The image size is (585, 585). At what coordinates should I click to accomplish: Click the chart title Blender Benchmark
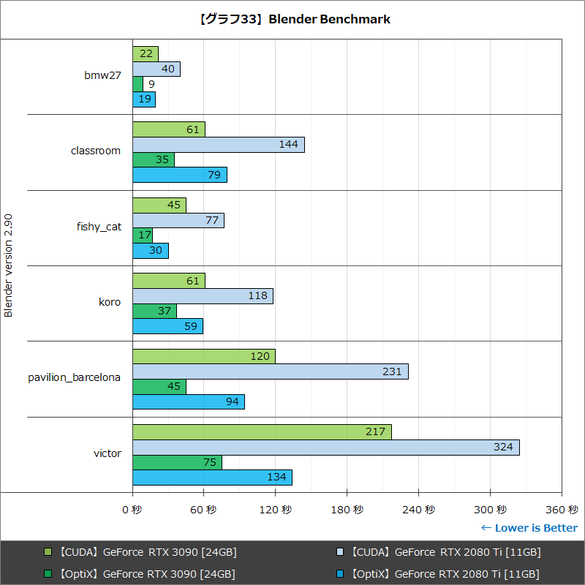point(293,20)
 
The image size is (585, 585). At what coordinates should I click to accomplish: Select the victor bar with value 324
point(325,448)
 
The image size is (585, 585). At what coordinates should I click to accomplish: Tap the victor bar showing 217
point(262,432)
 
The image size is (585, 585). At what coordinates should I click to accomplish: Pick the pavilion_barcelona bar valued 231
point(270,371)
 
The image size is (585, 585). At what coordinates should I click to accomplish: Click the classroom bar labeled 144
point(218,145)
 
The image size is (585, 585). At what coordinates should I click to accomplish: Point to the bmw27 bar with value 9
point(137,84)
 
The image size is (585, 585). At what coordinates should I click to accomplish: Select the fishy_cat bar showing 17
point(142,235)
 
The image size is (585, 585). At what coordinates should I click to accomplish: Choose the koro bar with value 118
point(203,296)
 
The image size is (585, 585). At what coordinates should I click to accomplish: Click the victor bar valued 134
point(212,478)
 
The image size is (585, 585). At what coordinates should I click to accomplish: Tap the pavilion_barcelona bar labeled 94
point(188,401)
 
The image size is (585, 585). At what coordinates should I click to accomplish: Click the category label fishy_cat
point(99,227)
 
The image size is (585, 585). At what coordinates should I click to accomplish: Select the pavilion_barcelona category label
point(74,378)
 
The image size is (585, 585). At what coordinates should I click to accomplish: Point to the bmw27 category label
point(102,75)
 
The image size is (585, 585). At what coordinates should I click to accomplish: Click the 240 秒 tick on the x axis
point(419,510)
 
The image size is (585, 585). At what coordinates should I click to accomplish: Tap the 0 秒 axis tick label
point(132,510)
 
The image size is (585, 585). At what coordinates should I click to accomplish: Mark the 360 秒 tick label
point(562,510)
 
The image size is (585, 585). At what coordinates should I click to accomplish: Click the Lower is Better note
point(529,528)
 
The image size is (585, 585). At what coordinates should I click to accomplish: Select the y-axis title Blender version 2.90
point(9,265)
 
